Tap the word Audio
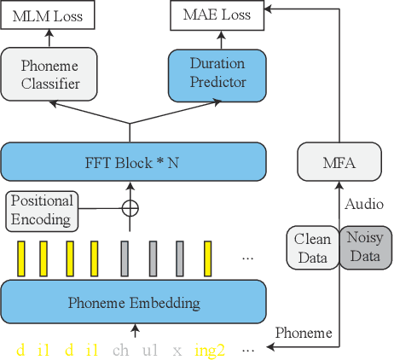point(363,205)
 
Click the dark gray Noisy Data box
point(365,247)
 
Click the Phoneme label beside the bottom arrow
point(303,334)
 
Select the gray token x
point(177,349)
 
